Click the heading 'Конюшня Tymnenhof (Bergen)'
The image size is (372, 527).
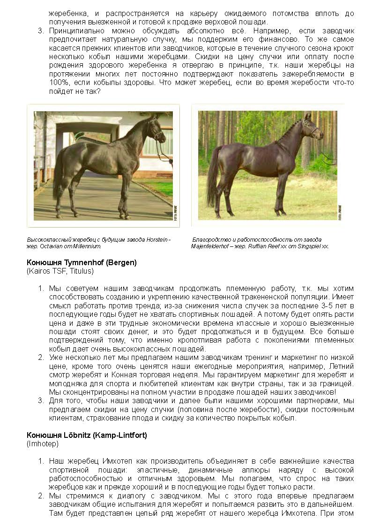(x=82, y=262)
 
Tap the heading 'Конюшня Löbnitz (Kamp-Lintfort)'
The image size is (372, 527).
(x=87, y=435)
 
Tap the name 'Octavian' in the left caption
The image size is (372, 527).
(x=53, y=246)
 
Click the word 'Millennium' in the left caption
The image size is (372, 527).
(x=86, y=246)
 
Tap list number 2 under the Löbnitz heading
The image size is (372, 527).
(x=41, y=496)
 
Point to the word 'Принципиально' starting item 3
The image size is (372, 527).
(x=73, y=31)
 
